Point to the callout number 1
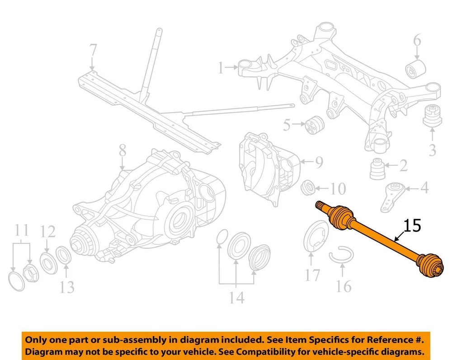click(x=221, y=68)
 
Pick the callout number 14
click(x=236, y=297)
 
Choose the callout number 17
click(x=312, y=275)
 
